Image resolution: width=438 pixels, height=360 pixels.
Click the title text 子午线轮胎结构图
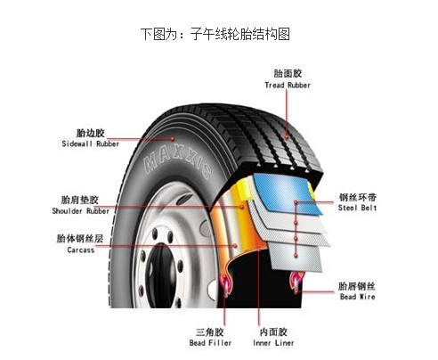point(239,34)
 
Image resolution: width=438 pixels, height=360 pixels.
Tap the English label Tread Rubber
point(288,86)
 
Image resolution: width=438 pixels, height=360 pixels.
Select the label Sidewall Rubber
point(91,143)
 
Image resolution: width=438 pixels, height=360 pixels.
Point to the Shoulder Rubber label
point(81,211)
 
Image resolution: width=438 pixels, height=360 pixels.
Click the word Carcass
point(81,250)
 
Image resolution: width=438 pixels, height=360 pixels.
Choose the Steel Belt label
point(357,208)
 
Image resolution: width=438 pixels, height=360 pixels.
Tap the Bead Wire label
point(357,297)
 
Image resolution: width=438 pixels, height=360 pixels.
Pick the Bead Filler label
point(210,343)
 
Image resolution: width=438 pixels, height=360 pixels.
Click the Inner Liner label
point(273,343)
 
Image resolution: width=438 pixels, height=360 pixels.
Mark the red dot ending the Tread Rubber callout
point(287,136)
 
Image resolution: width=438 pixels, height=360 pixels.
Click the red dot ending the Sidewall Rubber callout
point(173,138)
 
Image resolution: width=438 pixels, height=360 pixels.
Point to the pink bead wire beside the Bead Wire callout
point(296,282)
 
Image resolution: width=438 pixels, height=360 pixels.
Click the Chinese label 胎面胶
point(288,73)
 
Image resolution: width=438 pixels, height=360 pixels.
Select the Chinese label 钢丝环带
point(357,197)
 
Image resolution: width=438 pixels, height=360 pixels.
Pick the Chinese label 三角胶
point(209,332)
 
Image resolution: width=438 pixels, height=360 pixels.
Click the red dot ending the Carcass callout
point(235,246)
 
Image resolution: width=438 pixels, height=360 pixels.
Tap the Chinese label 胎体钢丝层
point(80,239)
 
